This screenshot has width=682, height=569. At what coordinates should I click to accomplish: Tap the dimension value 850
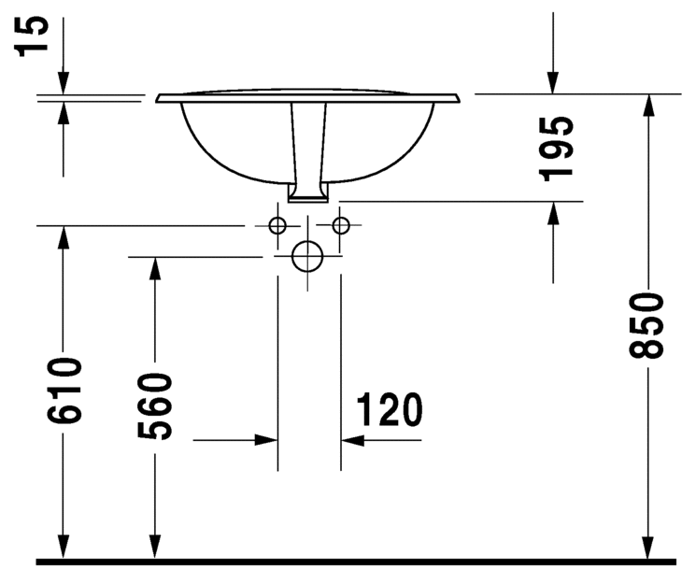pyautogui.click(x=646, y=324)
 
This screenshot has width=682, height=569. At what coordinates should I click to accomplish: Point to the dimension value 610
pyautogui.click(x=64, y=391)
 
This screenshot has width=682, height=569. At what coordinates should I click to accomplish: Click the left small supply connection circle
pyautogui.click(x=277, y=225)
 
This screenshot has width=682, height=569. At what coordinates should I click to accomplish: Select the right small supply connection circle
pyautogui.click(x=340, y=225)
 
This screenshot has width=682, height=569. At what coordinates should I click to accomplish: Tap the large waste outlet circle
pyautogui.click(x=307, y=255)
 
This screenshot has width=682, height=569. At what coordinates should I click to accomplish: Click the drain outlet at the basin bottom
pyautogui.click(x=307, y=194)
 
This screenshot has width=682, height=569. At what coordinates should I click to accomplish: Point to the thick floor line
pyautogui.click(x=355, y=562)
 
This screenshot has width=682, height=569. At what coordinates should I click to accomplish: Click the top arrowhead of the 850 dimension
pyautogui.click(x=646, y=105)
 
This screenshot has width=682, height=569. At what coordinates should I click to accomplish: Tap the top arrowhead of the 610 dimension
pyautogui.click(x=64, y=237)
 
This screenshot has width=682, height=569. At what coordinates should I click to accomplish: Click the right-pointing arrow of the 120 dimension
pyautogui.click(x=267, y=439)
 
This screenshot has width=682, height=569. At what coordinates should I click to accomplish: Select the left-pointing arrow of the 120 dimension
pyautogui.click(x=352, y=439)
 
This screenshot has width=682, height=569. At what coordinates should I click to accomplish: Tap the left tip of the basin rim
pyautogui.click(x=157, y=97)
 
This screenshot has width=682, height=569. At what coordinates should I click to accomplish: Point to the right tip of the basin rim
pyautogui.click(x=462, y=97)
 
